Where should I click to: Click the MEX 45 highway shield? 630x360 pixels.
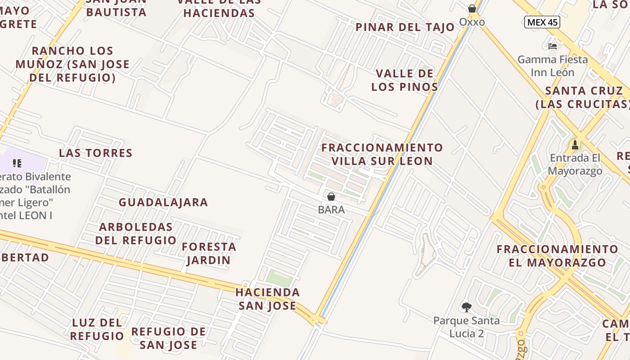[542, 22]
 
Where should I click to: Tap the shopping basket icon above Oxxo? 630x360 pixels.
[472, 9]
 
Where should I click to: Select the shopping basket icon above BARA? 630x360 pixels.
[331, 197]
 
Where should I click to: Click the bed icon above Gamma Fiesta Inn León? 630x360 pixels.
[553, 46]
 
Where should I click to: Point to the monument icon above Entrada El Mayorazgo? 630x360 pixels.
[575, 145]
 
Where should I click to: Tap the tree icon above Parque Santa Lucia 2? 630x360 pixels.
[467, 307]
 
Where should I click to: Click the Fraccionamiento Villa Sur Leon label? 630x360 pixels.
[382, 154]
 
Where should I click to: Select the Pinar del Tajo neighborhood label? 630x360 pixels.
[405, 27]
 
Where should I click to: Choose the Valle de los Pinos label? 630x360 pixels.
[405, 80]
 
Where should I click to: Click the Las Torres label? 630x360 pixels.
[96, 153]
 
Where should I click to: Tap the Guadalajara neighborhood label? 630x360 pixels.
[163, 202]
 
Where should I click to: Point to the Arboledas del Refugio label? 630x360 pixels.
[136, 234]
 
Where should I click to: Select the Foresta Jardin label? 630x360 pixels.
[209, 253]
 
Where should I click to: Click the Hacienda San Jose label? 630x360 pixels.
[268, 299]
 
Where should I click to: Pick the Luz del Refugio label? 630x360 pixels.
[97, 329]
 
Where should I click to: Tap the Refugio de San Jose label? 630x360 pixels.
[169, 338]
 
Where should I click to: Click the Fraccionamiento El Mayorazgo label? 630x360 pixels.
[558, 256]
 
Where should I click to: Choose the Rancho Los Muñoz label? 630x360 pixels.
[72, 64]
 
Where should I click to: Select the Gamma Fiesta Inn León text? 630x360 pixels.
[553, 66]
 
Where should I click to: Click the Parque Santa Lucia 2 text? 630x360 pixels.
[466, 327]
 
